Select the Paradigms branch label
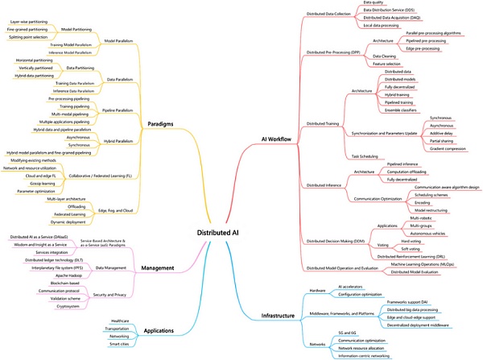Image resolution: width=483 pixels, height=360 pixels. [x=163, y=124]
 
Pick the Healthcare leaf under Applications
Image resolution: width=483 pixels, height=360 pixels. [x=118, y=320]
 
